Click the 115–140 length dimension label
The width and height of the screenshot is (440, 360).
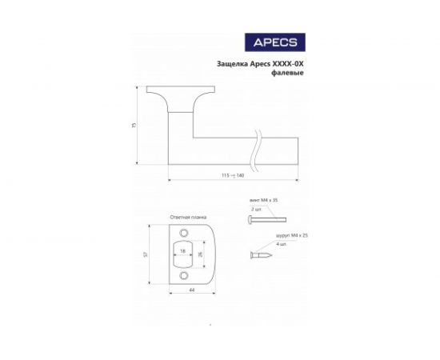[x=234, y=175]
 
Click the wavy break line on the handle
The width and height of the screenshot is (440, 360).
[x=256, y=152]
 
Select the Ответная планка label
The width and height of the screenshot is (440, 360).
[x=188, y=217]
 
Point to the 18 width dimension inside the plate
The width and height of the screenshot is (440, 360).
[x=182, y=251]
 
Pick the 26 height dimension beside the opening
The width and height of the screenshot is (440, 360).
[x=199, y=254]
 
